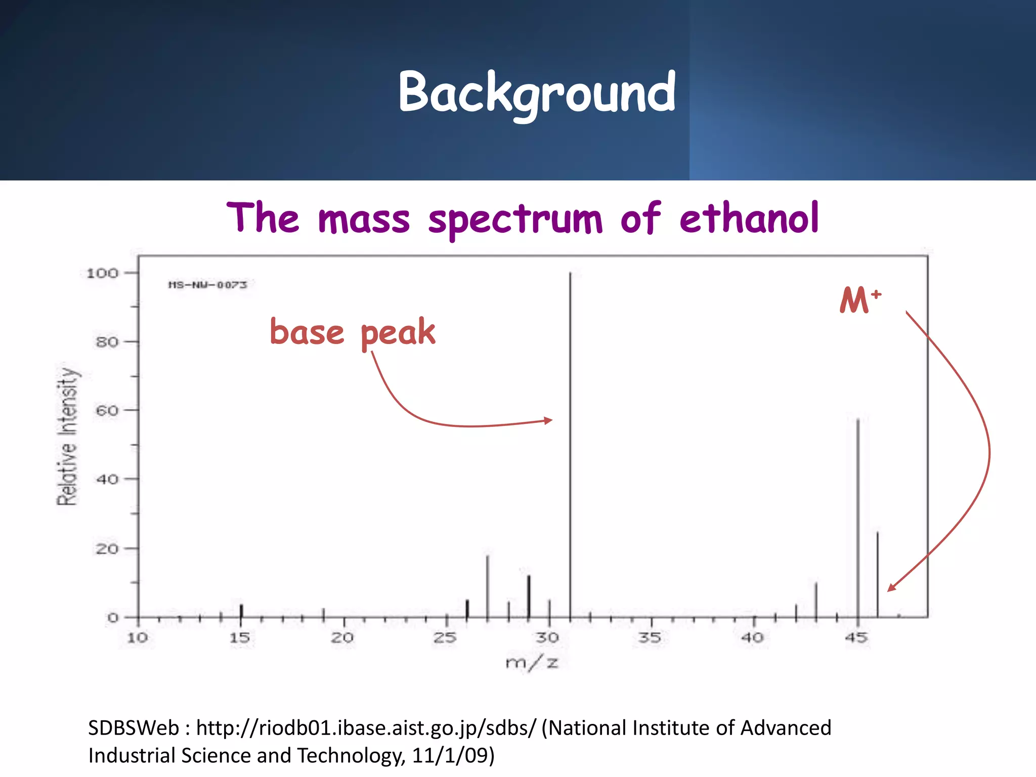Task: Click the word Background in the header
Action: pyautogui.click(x=537, y=93)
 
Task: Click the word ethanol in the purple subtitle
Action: pyautogui.click(x=749, y=219)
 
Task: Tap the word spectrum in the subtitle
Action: pyautogui.click(x=515, y=220)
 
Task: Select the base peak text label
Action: pyautogui.click(x=352, y=332)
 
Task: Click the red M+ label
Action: pyautogui.click(x=860, y=299)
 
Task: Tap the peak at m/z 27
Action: pyautogui.click(x=488, y=587)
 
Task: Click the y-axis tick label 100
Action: pyautogui.click(x=102, y=273)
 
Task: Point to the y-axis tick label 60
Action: pyautogui.click(x=107, y=410)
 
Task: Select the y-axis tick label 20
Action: pyautogui.click(x=107, y=548)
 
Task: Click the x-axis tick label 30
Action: pyautogui.click(x=548, y=637)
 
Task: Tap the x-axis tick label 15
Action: pyautogui.click(x=240, y=637)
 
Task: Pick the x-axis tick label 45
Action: pyautogui.click(x=856, y=637)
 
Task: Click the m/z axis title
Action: pyautogui.click(x=532, y=662)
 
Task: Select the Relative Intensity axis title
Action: pyautogui.click(x=68, y=436)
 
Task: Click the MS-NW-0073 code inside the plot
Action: pyautogui.click(x=208, y=285)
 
